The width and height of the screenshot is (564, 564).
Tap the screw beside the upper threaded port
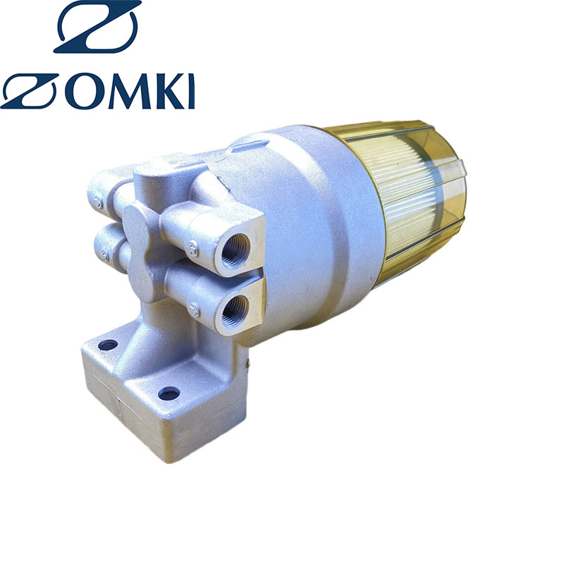click(192, 247)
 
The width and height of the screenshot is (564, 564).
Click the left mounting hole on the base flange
click(108, 345)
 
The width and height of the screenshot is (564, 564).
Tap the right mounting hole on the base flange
click(168, 393)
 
